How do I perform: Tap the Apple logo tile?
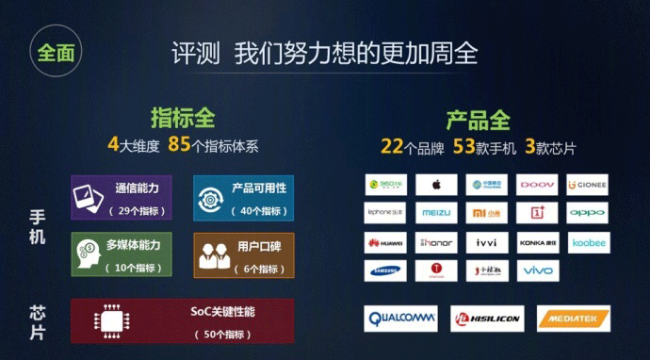(436, 184)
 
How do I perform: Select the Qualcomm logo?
(399, 319)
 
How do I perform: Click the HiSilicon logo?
(486, 319)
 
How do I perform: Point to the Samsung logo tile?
(385, 271)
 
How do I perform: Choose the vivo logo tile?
(538, 271)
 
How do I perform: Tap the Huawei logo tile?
(385, 242)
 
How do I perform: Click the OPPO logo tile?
(588, 213)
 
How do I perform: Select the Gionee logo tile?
(588, 184)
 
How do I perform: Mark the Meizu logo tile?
(436, 213)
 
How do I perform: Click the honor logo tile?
(436, 242)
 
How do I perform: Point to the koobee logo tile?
(588, 242)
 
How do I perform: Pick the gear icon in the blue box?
(210, 196)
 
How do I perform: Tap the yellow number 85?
(179, 146)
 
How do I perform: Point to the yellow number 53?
(464, 146)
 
